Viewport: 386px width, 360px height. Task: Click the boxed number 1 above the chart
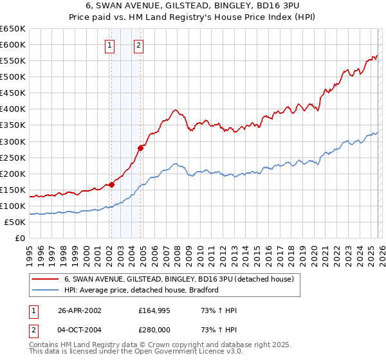coord(111,45)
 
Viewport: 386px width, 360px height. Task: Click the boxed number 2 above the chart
coord(138,45)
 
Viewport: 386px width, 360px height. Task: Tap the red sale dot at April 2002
coord(111,184)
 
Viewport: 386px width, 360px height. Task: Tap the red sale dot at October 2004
coord(140,147)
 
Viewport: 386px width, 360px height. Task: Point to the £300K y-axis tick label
coord(12,141)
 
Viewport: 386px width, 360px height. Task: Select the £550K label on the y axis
coord(12,61)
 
